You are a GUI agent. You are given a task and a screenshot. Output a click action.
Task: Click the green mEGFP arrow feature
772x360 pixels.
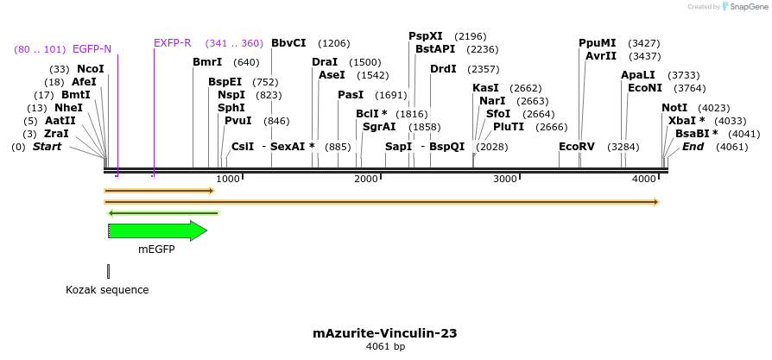(157, 231)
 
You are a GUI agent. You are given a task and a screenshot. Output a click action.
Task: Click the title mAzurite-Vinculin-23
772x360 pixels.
(385, 332)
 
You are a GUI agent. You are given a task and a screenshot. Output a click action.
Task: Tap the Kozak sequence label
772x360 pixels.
(107, 290)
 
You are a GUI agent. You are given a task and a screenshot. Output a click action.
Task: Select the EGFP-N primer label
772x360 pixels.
(92, 48)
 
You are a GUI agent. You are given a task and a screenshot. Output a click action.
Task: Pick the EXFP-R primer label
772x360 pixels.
(173, 43)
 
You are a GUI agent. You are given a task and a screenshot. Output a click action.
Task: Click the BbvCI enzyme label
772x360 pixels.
(288, 43)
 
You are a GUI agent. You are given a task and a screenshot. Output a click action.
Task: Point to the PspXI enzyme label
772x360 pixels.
(426, 36)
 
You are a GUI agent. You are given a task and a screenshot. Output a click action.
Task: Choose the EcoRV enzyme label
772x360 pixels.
(577, 147)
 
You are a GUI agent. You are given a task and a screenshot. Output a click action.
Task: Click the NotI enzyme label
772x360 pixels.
(674, 108)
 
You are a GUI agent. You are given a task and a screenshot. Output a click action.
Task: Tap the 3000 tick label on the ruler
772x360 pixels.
(505, 179)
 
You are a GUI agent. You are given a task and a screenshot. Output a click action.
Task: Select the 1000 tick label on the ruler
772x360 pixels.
(228, 179)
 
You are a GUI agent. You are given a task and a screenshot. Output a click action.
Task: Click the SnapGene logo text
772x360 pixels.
(744, 7)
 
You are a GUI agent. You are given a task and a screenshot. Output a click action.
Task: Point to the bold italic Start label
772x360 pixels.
(47, 147)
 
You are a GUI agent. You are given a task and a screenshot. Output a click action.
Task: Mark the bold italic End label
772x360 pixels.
(693, 147)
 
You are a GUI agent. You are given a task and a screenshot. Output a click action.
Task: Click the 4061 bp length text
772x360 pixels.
(385, 346)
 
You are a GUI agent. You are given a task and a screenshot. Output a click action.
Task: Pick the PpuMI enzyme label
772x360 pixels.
(598, 43)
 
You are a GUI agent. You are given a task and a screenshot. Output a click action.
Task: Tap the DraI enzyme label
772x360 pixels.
(325, 62)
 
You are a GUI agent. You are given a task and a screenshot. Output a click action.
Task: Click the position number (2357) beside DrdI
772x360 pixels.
(483, 69)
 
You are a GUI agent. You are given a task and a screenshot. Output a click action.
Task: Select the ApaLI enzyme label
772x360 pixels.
(638, 75)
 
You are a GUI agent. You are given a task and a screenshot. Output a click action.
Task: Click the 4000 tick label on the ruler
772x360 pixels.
(644, 179)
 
